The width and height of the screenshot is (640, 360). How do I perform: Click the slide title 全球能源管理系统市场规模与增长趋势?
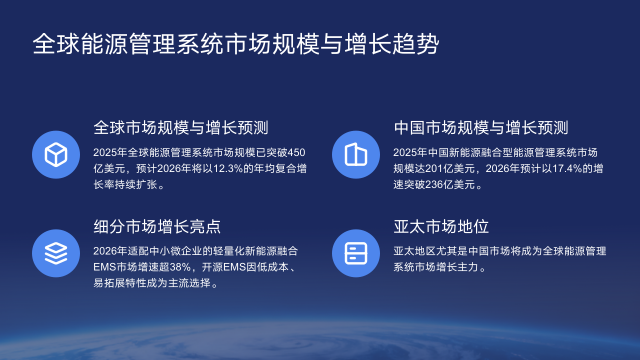pos(235,44)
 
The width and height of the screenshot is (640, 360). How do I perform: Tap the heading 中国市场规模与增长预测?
pos(482,128)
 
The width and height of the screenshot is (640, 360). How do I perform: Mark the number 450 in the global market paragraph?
pos(295,152)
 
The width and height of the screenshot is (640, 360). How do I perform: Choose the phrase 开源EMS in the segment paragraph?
pos(230,266)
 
